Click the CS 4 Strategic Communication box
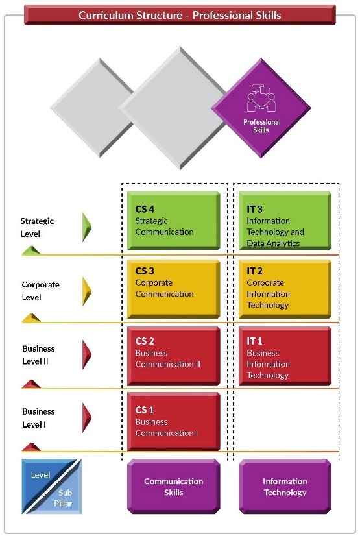tap(173, 221)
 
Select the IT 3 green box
tap(285, 221)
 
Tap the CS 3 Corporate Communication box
tap(173, 289)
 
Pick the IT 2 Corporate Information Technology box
tap(285, 289)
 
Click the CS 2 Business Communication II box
tap(173, 356)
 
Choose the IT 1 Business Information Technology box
tap(285, 356)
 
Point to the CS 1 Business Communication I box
tap(173, 422)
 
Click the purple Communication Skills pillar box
tap(173, 487)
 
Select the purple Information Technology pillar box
tap(285, 487)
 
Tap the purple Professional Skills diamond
tap(261, 108)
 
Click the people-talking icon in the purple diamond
tap(261, 98)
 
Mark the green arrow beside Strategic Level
tap(86, 227)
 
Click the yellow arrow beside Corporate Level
tap(86, 291)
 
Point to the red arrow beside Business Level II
tap(86, 354)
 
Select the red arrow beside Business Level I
tap(86, 417)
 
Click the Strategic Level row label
tap(37, 227)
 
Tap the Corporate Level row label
tap(40, 291)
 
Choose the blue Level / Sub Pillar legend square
tap(52, 487)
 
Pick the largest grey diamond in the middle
tap(180, 108)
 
